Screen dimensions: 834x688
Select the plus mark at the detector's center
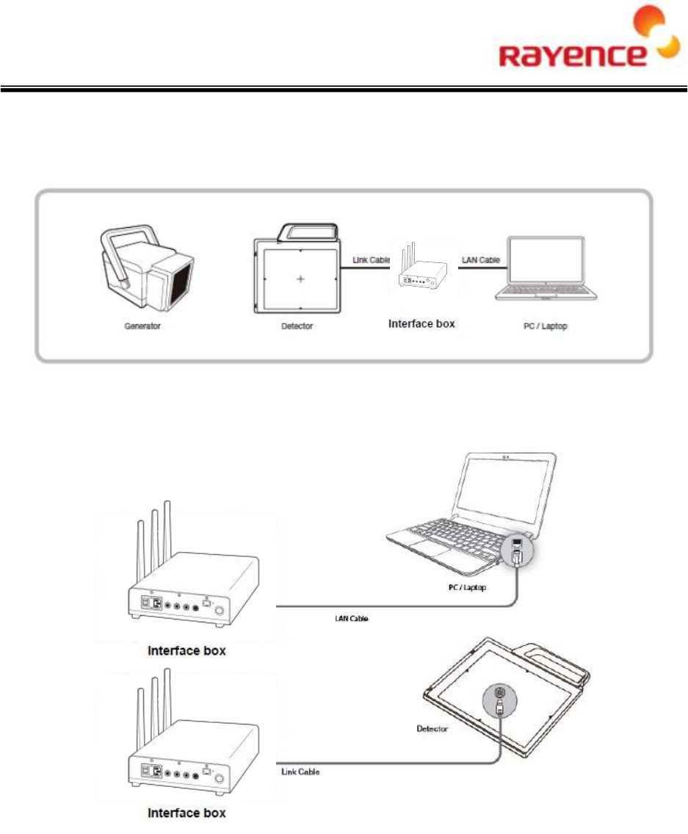[300, 279]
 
